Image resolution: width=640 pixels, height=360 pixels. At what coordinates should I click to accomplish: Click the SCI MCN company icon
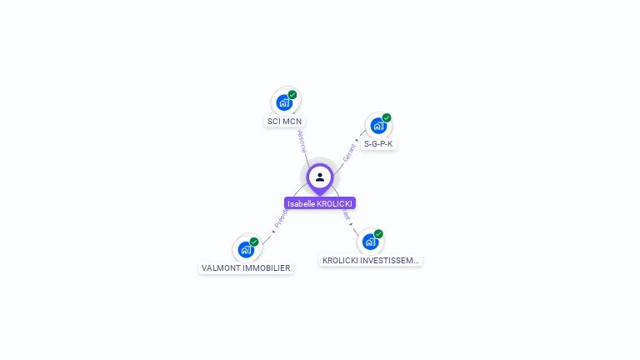(284, 102)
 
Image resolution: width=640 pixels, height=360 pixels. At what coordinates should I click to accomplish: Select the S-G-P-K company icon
(378, 126)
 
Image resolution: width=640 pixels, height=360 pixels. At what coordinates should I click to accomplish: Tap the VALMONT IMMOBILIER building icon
(246, 249)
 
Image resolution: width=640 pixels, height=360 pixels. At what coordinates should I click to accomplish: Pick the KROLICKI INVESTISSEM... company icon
(370, 242)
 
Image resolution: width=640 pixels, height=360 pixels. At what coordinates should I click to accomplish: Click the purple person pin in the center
(320, 177)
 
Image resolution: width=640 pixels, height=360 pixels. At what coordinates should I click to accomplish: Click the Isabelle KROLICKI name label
(320, 203)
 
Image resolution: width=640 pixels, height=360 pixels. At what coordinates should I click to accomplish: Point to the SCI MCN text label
(284, 121)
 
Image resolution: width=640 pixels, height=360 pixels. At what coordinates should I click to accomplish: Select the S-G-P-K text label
(378, 144)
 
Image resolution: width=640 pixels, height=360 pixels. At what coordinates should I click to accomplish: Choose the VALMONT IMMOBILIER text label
(246, 268)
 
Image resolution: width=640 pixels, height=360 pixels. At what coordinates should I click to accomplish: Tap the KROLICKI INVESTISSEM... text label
(370, 261)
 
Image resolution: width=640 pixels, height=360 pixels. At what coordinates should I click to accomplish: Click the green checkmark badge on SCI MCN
(292, 94)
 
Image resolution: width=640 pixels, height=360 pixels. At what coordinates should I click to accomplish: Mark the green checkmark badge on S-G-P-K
(387, 117)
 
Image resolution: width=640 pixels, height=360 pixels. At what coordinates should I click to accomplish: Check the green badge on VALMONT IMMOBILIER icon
(254, 242)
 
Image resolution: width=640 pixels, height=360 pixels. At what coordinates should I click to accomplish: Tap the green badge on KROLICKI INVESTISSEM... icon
(378, 234)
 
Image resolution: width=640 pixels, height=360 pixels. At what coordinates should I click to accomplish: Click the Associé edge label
(302, 141)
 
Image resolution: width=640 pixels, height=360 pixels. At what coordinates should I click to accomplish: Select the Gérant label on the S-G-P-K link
(350, 151)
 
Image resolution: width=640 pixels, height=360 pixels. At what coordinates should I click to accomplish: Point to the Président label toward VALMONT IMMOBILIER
(280, 218)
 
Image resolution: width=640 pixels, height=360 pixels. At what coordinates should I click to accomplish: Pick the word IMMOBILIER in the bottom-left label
(266, 268)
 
